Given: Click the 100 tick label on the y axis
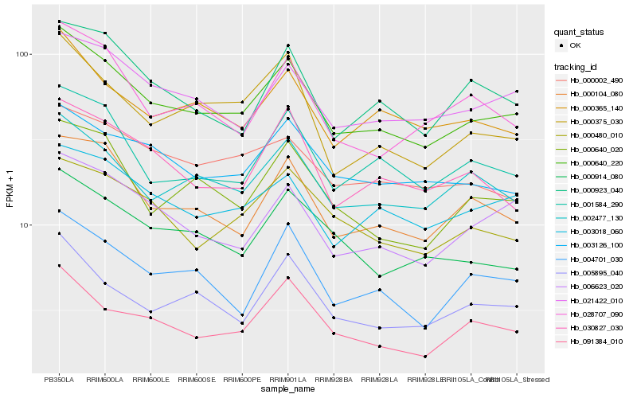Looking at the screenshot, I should coord(21,55).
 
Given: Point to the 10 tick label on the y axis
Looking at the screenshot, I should coord(23,225).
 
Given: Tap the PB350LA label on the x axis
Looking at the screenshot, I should coord(59,379).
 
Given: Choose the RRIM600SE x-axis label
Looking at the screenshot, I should coord(196,379).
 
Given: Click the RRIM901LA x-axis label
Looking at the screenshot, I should coord(287,379).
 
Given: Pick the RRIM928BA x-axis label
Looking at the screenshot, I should coord(334,379).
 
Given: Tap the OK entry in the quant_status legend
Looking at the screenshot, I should coord(575,45).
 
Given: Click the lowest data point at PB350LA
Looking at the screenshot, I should coord(59,266).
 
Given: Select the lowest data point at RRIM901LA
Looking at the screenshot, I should coord(287,278).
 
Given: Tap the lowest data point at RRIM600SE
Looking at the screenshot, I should coord(196,338).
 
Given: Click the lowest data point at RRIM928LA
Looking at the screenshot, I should coord(380,346).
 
